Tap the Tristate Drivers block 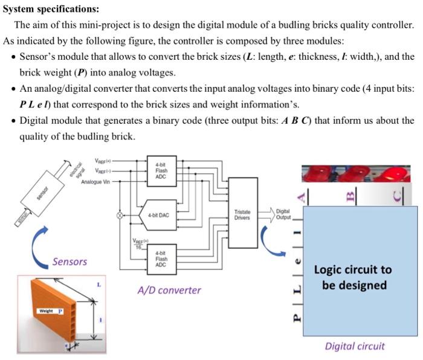point(242,214)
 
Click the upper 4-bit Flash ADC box point(161,170)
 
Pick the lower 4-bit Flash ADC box point(161,259)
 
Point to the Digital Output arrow point(282,214)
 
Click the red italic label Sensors point(69,262)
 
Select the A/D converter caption point(169,290)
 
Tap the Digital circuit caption point(354,346)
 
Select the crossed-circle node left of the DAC point(119,214)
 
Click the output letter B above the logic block point(349,195)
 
